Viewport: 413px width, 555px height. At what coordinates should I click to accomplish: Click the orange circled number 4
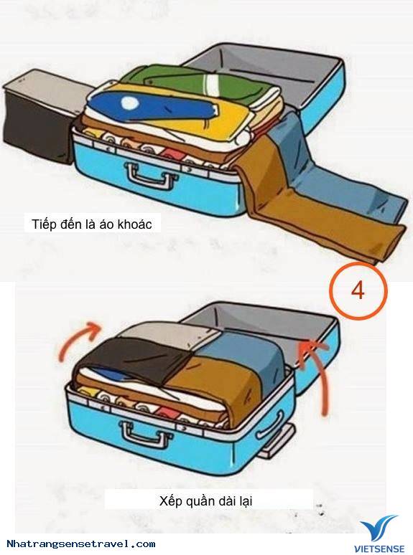pos(358,291)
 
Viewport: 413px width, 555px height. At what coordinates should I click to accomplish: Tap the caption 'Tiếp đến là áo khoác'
pos(92,224)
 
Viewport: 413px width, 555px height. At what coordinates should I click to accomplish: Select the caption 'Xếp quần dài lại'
pos(205,501)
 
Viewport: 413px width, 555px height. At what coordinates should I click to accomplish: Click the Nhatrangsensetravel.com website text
pos(81,544)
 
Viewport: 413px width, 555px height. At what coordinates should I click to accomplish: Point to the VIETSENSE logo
pos(379,533)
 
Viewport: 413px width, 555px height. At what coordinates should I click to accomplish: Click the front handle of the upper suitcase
pos(149,175)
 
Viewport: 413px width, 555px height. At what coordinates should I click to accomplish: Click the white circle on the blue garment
pos(129,103)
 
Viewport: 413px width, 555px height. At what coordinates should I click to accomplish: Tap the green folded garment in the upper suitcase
pos(198,84)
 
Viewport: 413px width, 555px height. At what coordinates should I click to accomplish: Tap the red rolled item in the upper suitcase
pos(172,156)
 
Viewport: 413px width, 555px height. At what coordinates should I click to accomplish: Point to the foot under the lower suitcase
pos(277,442)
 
